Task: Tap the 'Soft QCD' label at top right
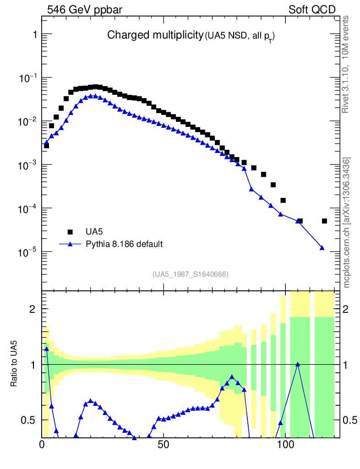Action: click(x=312, y=10)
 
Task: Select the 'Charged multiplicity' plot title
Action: click(x=155, y=35)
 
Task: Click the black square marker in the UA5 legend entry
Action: click(x=70, y=232)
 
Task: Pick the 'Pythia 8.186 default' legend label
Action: click(x=124, y=244)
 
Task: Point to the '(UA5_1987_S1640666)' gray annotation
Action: click(x=191, y=274)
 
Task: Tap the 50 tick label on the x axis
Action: click(x=164, y=444)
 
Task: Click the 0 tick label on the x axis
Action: click(x=42, y=444)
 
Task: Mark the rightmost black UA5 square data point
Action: click(x=324, y=221)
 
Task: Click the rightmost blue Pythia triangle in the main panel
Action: click(x=322, y=248)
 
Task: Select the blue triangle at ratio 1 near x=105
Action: click(x=298, y=364)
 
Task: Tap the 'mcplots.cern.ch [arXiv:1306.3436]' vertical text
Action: click(x=347, y=222)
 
